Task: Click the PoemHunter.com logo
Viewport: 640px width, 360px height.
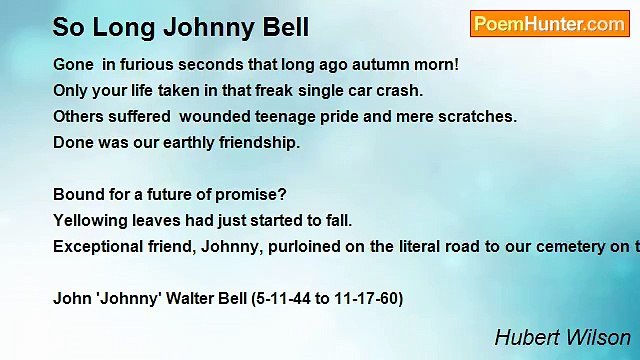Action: (548, 24)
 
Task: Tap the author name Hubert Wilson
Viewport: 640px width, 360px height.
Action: (563, 338)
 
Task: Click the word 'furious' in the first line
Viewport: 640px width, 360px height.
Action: (149, 64)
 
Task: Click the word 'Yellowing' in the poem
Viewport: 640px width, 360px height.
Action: (89, 220)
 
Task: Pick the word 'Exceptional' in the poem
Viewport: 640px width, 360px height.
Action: (96, 246)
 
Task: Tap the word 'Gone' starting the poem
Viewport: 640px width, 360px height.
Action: (73, 64)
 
